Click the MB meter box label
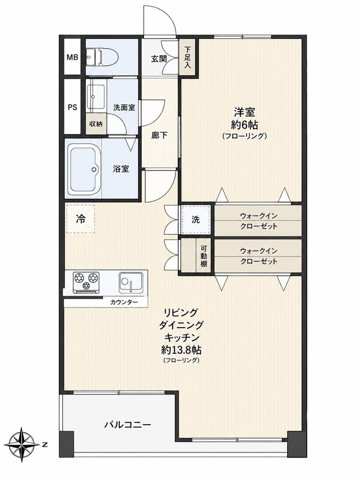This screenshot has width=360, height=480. pyautogui.click(x=72, y=57)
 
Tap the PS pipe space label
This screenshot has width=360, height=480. pyautogui.click(x=72, y=107)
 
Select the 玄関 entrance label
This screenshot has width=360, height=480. pyautogui.click(x=159, y=59)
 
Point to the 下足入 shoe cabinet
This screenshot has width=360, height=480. pyautogui.click(x=187, y=57)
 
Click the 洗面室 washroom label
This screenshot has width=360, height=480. pyautogui.click(x=124, y=107)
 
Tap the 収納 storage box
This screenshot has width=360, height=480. pyautogui.click(x=96, y=124)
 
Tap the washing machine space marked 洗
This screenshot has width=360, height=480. pyautogui.click(x=195, y=220)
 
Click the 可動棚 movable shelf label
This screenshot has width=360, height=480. pyautogui.click(x=203, y=256)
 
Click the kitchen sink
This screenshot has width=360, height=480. pyautogui.click(x=131, y=283)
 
